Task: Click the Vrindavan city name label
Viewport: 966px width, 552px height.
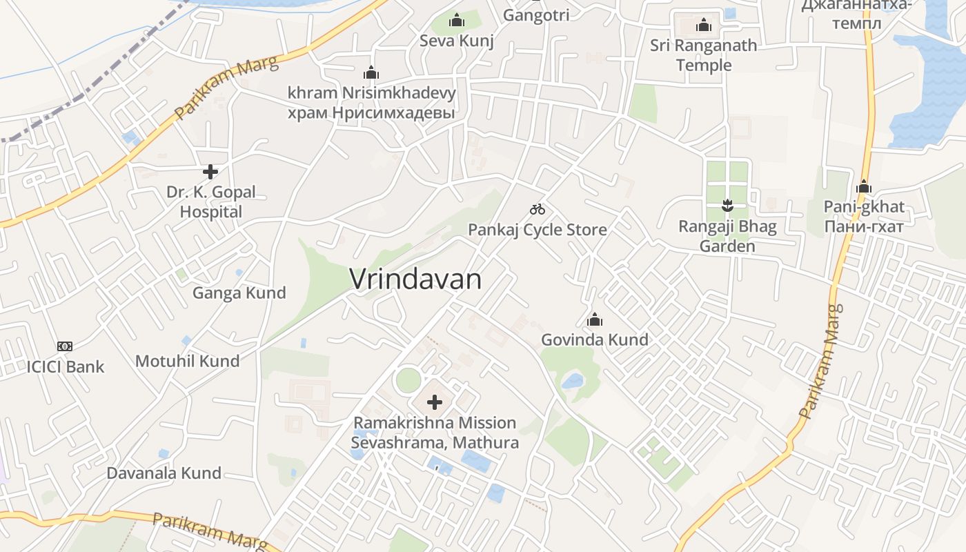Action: (x=415, y=279)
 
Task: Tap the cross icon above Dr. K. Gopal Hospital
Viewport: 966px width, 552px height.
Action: (x=210, y=171)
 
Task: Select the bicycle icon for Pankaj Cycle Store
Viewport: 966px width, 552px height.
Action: (x=538, y=209)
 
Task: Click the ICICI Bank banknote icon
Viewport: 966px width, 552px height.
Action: (x=65, y=346)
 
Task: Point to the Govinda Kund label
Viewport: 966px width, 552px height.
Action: (x=595, y=339)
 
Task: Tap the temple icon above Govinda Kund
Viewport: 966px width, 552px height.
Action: (x=595, y=319)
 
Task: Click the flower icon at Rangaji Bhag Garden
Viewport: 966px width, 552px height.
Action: (x=727, y=205)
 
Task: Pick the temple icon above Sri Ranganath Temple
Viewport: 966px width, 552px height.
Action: (x=704, y=26)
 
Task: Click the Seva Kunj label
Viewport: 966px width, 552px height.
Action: (x=457, y=41)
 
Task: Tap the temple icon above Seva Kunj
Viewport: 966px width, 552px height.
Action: (x=457, y=21)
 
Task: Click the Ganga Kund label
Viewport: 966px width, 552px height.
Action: (x=239, y=293)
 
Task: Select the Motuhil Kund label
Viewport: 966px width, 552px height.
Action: (x=188, y=361)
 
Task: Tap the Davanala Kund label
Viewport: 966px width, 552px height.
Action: (x=164, y=473)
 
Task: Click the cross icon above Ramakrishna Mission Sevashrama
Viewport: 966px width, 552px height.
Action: (x=435, y=402)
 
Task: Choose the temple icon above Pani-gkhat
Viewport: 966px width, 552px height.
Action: (x=864, y=186)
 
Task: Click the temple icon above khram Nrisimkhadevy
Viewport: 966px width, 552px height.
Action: (x=371, y=72)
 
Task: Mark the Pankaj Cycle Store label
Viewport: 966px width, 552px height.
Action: (x=538, y=230)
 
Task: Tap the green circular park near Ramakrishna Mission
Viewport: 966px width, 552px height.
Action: (x=408, y=379)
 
